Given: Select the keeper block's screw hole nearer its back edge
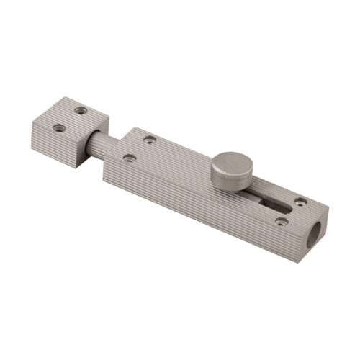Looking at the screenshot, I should point(81,110).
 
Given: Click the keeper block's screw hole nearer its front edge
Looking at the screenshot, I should point(59,128).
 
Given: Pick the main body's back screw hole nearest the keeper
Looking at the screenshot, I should point(150,139).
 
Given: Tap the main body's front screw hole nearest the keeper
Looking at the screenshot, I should point(128,157).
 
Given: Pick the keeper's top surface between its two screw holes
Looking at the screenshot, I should point(71,120).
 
